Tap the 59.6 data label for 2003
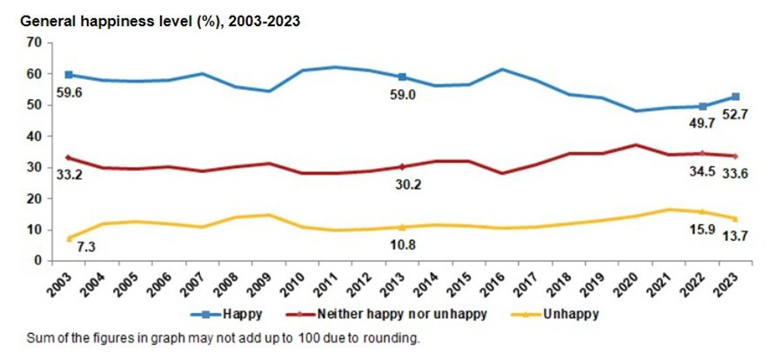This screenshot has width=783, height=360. tap(68, 91)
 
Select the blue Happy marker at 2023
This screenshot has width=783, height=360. tap(735, 97)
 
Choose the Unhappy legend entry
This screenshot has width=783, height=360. tap(572, 310)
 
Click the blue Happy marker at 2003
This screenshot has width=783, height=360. tap(69, 75)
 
